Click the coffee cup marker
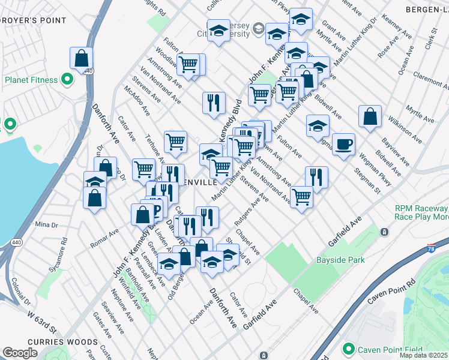pos(343,145)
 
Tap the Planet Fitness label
pos(31,80)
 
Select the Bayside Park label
pos(340,260)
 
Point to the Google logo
pos(20,353)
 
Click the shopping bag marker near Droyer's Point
pos(81,59)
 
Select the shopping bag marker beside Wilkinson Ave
pos(370,117)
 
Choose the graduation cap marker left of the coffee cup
pos(318,126)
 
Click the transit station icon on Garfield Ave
pos(384,232)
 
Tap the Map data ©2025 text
pos(423,355)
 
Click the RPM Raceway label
pos(420,209)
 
